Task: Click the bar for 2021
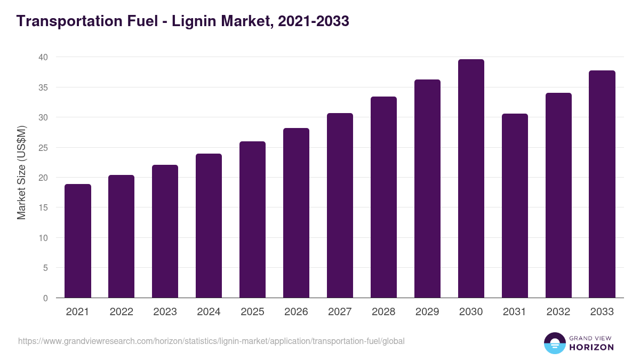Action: [78, 241]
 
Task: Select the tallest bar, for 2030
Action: [471, 179]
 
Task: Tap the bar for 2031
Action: [515, 206]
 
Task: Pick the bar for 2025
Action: [252, 220]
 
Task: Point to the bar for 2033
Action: [602, 184]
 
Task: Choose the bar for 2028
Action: [383, 197]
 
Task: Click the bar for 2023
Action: [165, 231]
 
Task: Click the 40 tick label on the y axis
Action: [43, 57]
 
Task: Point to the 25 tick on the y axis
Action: [43, 147]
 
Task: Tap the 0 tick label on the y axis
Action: [45, 298]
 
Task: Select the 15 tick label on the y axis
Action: [43, 207]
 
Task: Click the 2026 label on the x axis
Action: [296, 312]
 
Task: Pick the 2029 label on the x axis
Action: [427, 312]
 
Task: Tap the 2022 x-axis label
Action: [121, 312]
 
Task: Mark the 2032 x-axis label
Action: [558, 312]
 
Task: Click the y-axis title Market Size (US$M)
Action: [21, 173]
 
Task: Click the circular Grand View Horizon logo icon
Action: [555, 343]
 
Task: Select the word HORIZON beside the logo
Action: [591, 347]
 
